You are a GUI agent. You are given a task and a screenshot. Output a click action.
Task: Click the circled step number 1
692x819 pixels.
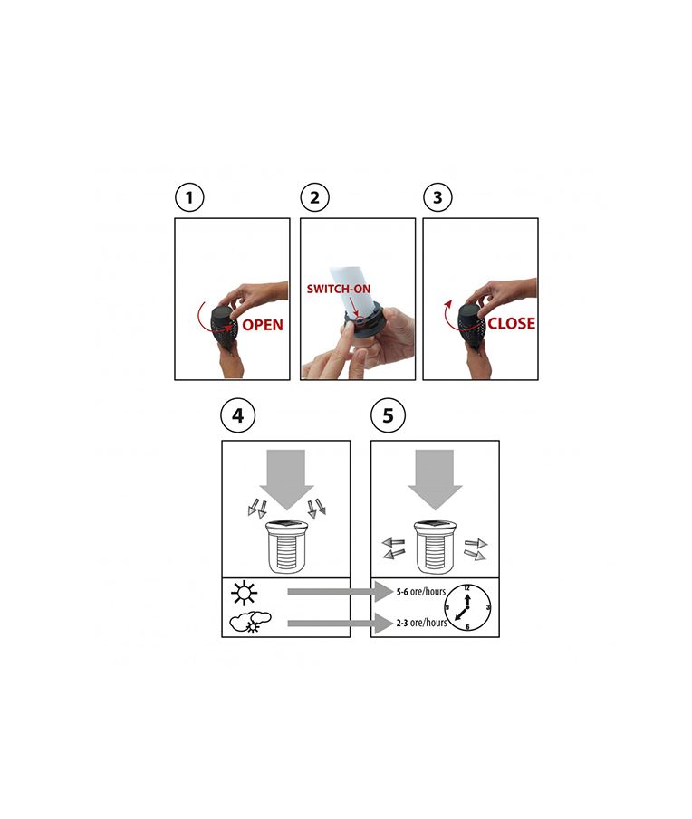[x=189, y=197]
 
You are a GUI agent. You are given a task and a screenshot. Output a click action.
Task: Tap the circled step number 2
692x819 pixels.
[x=314, y=197]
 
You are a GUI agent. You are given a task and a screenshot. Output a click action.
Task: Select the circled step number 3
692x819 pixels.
[x=437, y=197]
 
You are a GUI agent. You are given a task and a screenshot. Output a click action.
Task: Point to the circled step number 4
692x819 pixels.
[x=238, y=415]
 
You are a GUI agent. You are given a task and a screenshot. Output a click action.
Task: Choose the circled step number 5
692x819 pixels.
[x=388, y=415]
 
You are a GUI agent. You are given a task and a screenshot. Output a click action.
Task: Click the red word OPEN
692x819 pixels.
[x=263, y=325]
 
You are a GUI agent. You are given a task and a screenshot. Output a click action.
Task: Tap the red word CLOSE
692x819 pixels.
[x=511, y=323]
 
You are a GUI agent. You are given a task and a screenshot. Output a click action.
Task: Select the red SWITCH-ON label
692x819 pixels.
[x=338, y=289]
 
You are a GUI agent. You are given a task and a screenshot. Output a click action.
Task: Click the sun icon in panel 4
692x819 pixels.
[x=244, y=594]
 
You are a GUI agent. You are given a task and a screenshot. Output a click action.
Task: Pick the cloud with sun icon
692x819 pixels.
[x=251, y=622]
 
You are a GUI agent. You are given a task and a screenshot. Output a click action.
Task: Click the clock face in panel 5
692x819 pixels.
[x=467, y=607]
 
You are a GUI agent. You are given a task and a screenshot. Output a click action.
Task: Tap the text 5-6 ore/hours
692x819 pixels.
[x=421, y=592]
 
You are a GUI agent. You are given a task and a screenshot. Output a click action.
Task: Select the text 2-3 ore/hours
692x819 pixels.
[x=421, y=623]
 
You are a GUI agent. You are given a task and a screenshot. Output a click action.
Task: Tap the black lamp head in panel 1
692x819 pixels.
[x=223, y=326]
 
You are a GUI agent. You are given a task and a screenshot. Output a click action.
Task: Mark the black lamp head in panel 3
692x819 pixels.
[x=472, y=324]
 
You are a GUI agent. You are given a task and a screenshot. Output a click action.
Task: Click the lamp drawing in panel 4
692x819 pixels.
[x=285, y=547]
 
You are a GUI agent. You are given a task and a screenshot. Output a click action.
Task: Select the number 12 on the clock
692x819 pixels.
[x=467, y=588]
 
